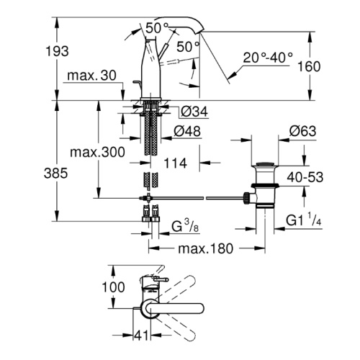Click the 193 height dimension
pyautogui.click(x=57, y=51)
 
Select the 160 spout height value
pyautogui.click(x=309, y=66)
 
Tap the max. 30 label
pyautogui.click(x=92, y=76)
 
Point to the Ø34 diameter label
pyautogui.click(x=194, y=112)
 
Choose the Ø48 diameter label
pyautogui.click(x=187, y=131)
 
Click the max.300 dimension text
pyautogui.click(x=97, y=152)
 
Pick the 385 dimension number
pyautogui.click(x=55, y=173)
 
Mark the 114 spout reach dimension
pyautogui.click(x=175, y=163)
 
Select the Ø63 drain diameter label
pyautogui.click(x=302, y=131)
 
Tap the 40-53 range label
pyautogui.click(x=305, y=177)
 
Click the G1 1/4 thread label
pyautogui.click(x=303, y=220)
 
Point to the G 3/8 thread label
pyautogui.click(x=185, y=227)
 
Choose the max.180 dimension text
pyautogui.click(x=206, y=248)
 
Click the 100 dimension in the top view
pyautogui.click(x=113, y=287)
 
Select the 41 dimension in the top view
pyautogui.click(x=141, y=335)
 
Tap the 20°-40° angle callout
pyautogui.click(x=268, y=58)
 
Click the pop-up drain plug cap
pyautogui.click(x=265, y=164)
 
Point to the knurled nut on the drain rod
pyautogui.click(x=246, y=198)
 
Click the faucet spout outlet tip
pyautogui.click(x=201, y=31)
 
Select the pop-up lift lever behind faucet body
pyautogui.click(x=138, y=85)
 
